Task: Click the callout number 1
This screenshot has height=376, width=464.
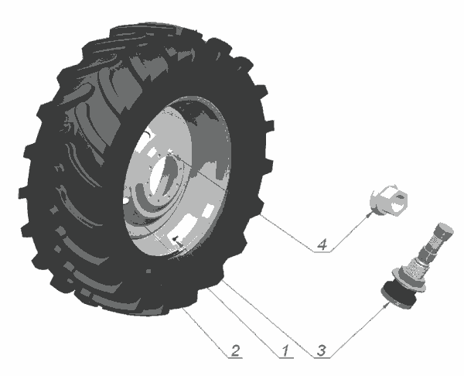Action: [x=285, y=350]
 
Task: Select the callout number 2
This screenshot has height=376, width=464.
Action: [x=235, y=350]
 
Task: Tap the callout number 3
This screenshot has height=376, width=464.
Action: [x=322, y=350]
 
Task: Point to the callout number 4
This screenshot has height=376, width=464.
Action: [x=322, y=244]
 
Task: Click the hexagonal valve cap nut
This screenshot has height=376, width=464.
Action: [x=388, y=200]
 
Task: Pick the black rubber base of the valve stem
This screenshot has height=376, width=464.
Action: [x=398, y=296]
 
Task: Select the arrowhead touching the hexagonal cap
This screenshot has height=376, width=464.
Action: [x=369, y=214]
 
